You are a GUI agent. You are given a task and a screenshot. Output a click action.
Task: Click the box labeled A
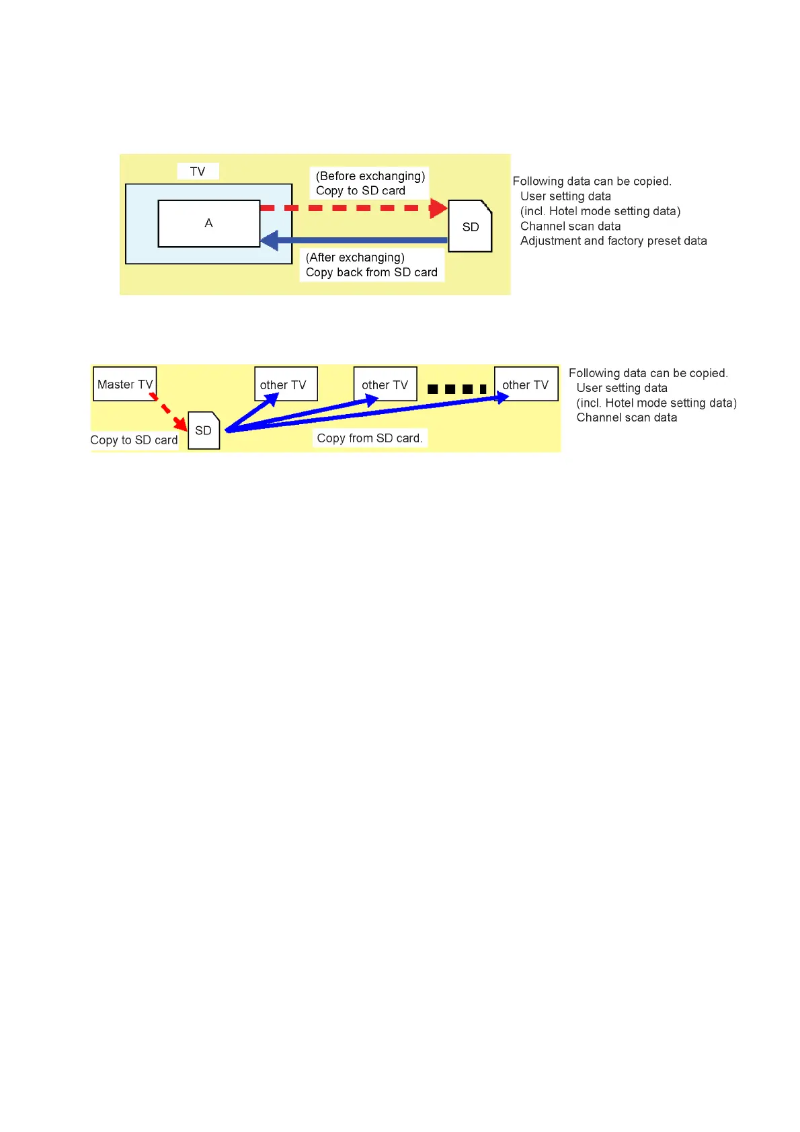coord(208,223)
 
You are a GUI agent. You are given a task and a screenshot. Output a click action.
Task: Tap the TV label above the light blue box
coord(198,171)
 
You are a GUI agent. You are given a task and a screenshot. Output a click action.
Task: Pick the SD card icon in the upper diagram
coord(470,227)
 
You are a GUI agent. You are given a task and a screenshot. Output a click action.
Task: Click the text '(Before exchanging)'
coord(370,176)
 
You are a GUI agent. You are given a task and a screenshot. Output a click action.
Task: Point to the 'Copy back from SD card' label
coord(371,272)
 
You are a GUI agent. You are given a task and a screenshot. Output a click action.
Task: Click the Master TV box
coord(124,384)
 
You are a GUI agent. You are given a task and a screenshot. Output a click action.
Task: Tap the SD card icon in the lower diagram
coord(204,430)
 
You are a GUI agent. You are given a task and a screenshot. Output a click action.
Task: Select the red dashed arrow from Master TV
coord(168,411)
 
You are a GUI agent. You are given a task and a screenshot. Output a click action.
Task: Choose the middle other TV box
coord(385,384)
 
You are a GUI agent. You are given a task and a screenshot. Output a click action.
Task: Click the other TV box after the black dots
coord(526,384)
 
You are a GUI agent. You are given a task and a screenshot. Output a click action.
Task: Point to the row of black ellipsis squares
coord(456,389)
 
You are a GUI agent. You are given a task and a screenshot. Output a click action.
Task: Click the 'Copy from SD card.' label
coord(370,438)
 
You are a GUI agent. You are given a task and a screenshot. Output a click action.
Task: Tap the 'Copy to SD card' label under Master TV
coord(134,440)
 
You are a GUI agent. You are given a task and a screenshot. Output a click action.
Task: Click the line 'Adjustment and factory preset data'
coord(613,241)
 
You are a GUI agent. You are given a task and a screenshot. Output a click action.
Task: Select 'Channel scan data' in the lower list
coord(627,417)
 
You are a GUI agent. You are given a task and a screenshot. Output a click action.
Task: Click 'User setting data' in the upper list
coord(565,196)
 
